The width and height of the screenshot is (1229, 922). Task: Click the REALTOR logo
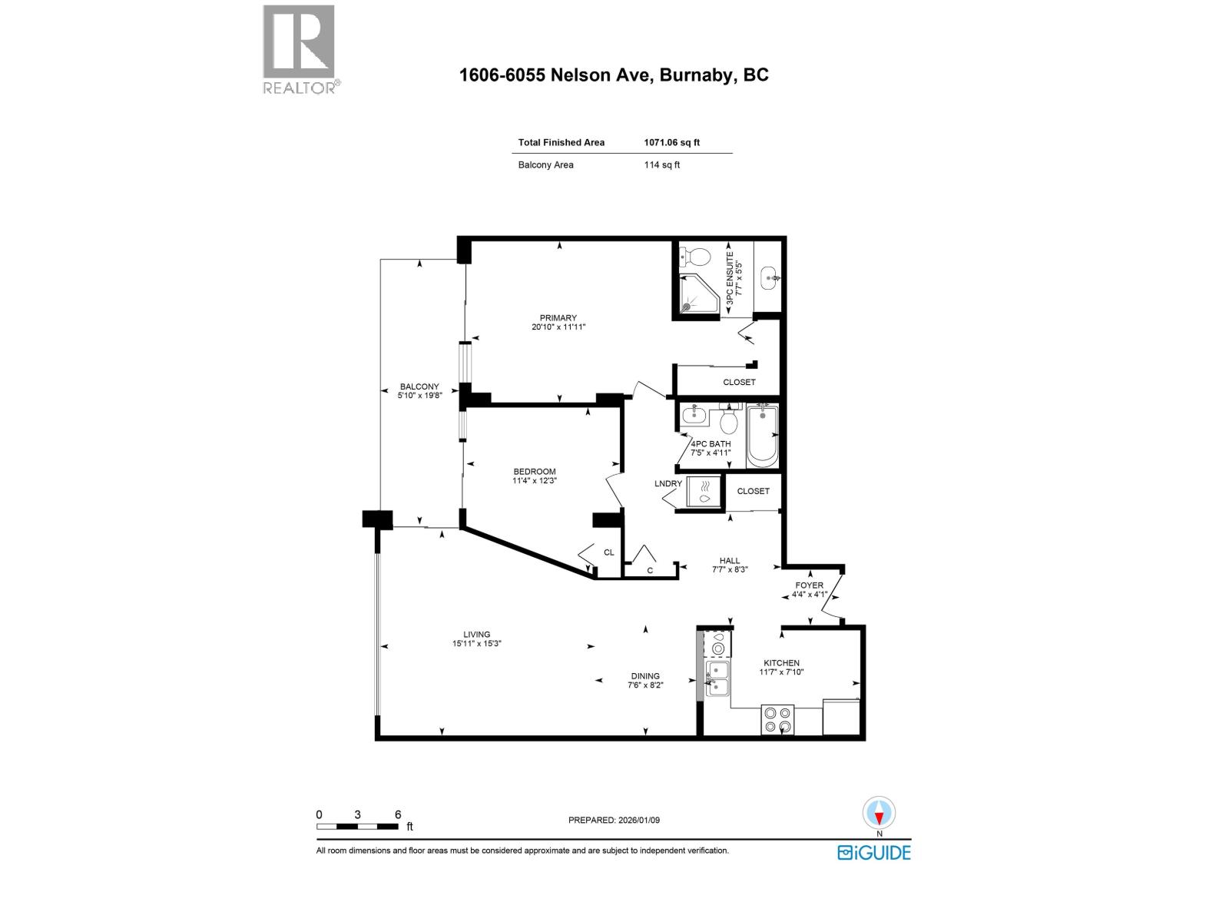tap(300, 49)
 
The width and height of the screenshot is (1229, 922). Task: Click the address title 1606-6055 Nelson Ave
tap(614, 75)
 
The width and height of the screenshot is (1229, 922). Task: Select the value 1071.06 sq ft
tap(671, 142)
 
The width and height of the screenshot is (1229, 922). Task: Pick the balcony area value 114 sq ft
tap(661, 164)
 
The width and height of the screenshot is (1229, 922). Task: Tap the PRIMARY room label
tap(558, 318)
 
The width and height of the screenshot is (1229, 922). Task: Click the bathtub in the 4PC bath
tap(763, 436)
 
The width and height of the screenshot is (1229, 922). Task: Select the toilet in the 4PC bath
tap(728, 419)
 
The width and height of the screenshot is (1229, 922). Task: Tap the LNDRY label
tap(668, 483)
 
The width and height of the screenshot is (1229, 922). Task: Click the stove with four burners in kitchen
tap(777, 719)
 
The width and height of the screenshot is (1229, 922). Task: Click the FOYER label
tap(810, 585)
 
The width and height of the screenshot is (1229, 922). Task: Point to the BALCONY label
tap(419, 386)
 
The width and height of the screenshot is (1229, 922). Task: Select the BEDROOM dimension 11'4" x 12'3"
tap(535, 481)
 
